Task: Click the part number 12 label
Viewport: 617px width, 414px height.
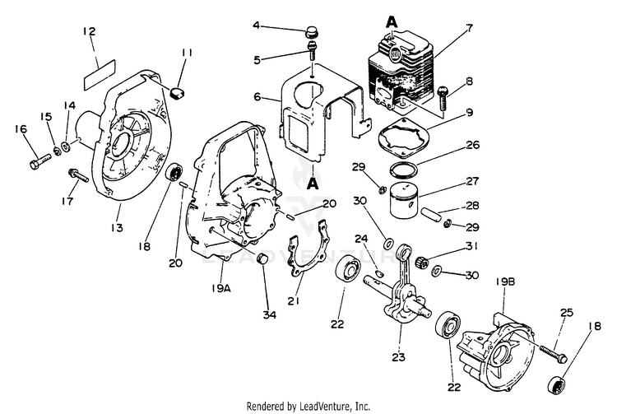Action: click(90, 32)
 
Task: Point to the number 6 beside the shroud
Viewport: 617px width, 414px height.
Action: click(257, 96)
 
